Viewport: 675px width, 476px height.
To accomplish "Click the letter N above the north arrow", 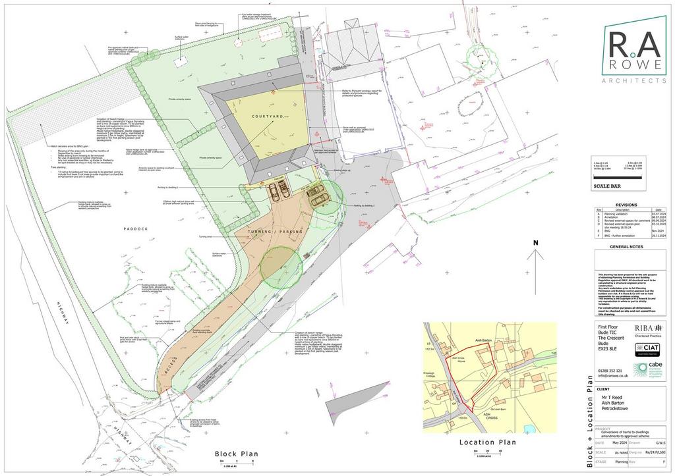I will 536,243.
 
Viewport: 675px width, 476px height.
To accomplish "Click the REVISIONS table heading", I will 626,205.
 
